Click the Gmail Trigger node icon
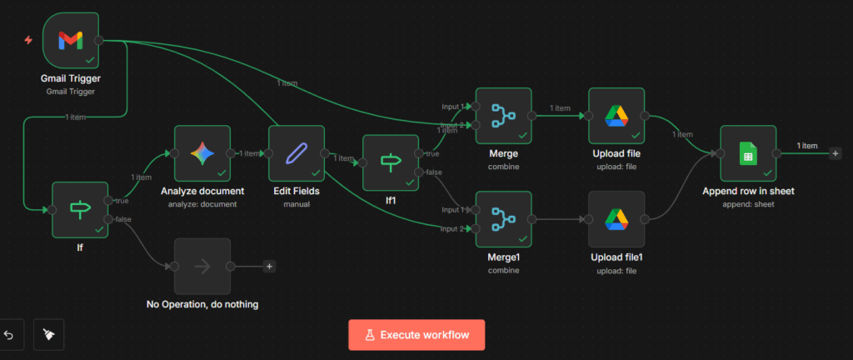[x=71, y=40]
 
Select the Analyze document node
[x=202, y=153]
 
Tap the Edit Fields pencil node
[x=297, y=153]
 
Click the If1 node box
[x=391, y=162]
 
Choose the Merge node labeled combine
[x=503, y=116]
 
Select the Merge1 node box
[x=503, y=219]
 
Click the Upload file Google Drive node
[x=616, y=116]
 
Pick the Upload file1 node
[x=616, y=219]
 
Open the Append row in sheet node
[x=748, y=153]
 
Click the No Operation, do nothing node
[x=202, y=266]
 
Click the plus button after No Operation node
[x=269, y=266]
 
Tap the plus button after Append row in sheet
[x=835, y=154]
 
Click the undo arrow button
[x=8, y=334]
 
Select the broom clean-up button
[x=49, y=334]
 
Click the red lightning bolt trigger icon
[x=28, y=40]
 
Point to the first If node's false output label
[x=122, y=219]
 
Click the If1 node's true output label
[x=432, y=154]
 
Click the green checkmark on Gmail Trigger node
[x=90, y=60]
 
